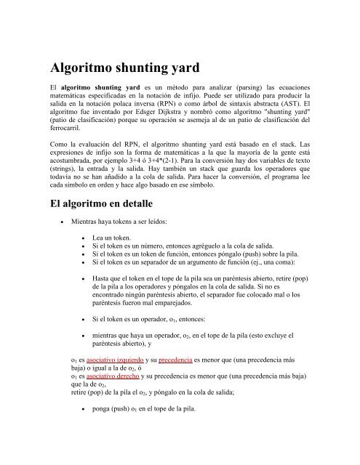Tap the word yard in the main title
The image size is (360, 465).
(244, 69)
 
